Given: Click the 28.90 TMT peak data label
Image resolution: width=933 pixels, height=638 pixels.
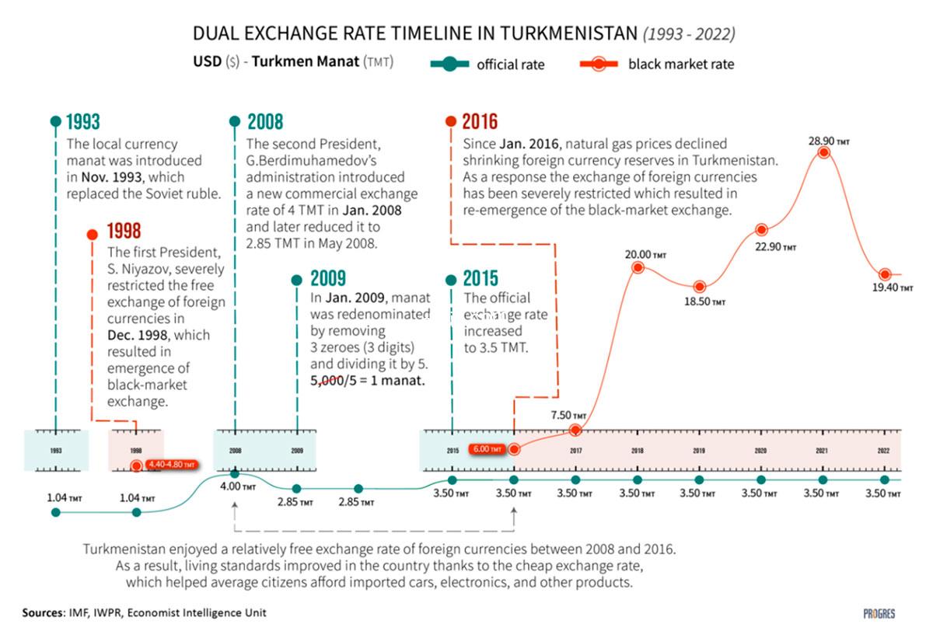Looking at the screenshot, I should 829,142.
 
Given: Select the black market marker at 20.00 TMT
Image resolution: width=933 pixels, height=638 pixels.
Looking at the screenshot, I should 638,267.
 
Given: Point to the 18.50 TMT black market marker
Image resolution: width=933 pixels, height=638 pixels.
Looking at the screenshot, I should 699,287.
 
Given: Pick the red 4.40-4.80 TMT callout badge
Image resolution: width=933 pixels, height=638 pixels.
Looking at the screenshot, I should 170,465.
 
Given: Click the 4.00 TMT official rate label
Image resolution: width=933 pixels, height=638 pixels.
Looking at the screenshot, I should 238,487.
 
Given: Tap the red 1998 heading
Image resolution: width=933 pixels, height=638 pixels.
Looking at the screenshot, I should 124,232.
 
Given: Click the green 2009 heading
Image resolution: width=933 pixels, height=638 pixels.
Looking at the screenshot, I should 327,278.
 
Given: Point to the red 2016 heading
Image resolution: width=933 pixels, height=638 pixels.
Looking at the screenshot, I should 480,122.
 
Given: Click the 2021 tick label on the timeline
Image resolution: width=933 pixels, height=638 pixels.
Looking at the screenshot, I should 823,451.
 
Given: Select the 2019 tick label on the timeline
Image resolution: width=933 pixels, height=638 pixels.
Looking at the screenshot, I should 699,451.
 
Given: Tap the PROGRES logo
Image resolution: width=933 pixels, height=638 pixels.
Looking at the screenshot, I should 879,613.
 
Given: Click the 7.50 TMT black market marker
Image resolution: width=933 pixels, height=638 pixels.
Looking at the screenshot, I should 575,430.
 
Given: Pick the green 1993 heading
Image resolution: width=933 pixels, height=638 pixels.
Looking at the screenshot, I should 82,122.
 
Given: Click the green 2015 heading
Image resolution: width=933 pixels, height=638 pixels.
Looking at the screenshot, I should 482,278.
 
